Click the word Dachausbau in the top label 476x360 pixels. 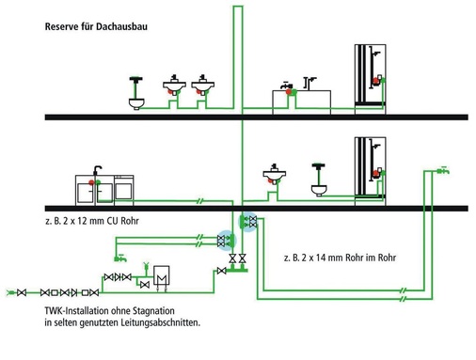click(121, 26)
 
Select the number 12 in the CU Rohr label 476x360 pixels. click(82, 221)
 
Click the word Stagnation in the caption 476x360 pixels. click(153, 311)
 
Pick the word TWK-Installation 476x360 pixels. click(75, 311)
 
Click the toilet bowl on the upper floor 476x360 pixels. click(136, 103)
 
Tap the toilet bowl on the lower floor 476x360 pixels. click(319, 191)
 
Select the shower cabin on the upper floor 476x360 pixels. click(370, 79)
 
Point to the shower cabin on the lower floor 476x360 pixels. click(370, 171)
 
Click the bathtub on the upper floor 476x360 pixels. click(301, 102)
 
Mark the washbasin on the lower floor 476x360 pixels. click(275, 176)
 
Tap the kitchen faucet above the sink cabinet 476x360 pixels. click(97, 172)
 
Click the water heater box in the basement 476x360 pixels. click(162, 275)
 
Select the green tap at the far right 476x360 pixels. click(443, 170)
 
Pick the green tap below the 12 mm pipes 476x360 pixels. click(120, 258)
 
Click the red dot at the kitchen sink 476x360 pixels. click(91, 182)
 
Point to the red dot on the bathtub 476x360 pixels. click(289, 91)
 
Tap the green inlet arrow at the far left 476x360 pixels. click(10, 292)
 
